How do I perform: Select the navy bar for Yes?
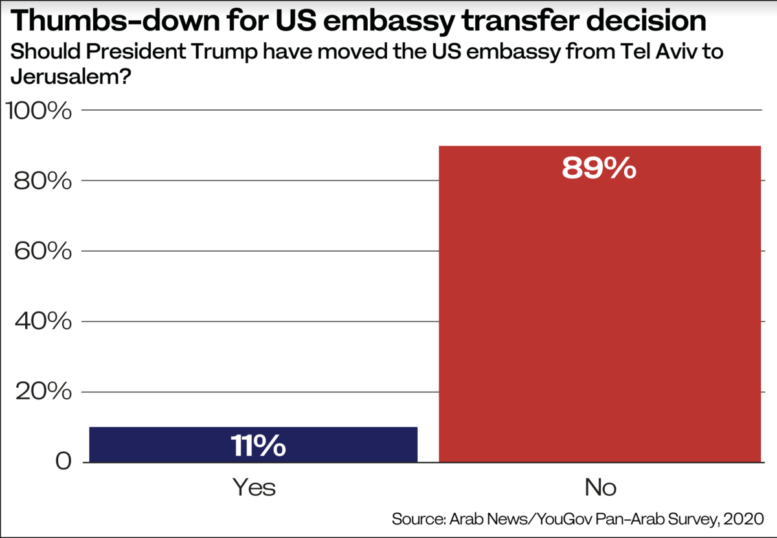point(253,444)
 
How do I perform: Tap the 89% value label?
point(599,168)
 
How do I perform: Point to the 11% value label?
point(258,446)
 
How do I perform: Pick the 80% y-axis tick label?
point(42,181)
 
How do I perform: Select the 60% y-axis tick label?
point(42,251)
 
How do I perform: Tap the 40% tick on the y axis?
point(42,322)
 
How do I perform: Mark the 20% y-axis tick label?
point(42,392)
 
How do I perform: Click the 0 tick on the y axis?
point(62,462)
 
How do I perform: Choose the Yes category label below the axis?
point(254,488)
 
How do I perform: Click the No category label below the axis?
point(600,488)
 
